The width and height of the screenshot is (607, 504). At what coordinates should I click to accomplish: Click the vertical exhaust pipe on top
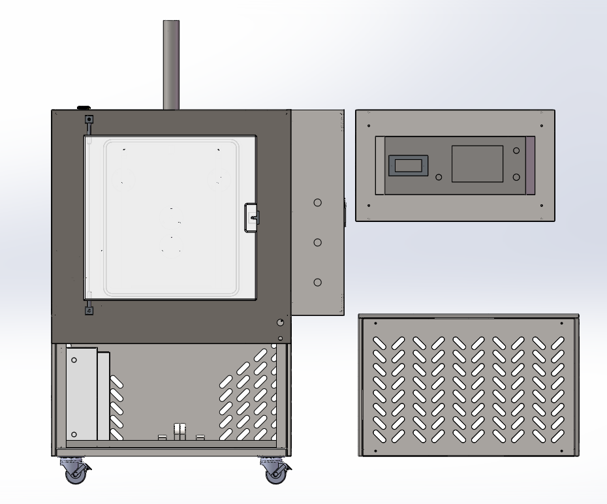tap(171, 65)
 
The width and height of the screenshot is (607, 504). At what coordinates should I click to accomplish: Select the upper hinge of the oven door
tap(89, 120)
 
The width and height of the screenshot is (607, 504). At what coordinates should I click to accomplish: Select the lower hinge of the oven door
tap(89, 310)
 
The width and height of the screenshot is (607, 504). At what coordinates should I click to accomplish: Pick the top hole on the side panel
tap(318, 202)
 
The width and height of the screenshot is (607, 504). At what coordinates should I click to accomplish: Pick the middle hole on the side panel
tap(318, 242)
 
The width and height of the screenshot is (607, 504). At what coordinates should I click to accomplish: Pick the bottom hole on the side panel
tap(318, 282)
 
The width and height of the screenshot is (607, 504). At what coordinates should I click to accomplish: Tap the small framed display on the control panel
tap(408, 166)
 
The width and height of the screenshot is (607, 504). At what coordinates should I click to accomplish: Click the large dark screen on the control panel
tap(477, 164)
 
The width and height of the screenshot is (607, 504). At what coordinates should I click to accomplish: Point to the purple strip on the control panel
tap(530, 165)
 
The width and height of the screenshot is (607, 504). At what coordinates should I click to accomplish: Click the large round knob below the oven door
tap(281, 323)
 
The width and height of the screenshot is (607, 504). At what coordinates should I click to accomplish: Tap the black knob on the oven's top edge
tap(84, 107)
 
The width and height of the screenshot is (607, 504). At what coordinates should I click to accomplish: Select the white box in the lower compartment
tap(82, 394)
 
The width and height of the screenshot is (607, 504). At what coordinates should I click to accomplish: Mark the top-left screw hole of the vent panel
tap(375, 323)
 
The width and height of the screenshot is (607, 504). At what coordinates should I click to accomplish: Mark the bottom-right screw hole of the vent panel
tap(561, 450)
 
